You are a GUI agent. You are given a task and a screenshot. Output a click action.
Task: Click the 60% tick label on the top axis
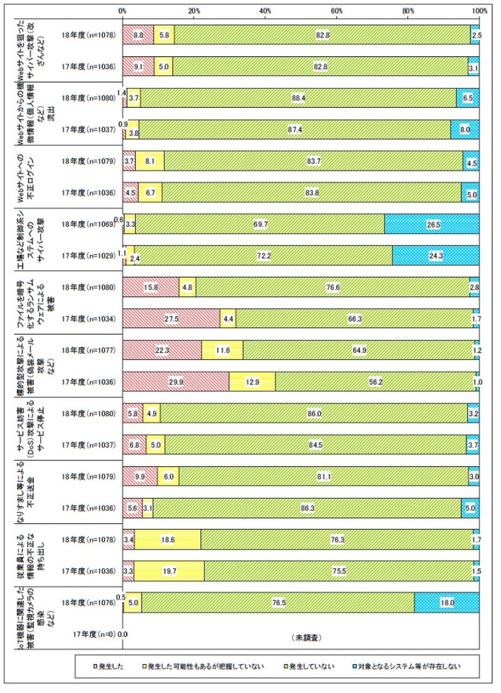click(x=337, y=11)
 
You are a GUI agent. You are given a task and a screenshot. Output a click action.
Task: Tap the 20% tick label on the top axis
click(x=194, y=11)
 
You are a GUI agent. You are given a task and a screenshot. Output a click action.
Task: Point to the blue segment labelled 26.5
click(x=432, y=224)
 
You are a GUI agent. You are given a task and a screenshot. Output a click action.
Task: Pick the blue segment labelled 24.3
click(x=436, y=255)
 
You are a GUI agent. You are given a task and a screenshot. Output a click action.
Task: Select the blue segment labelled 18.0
click(x=447, y=603)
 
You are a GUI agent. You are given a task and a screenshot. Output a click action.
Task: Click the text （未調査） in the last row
click(x=307, y=637)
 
